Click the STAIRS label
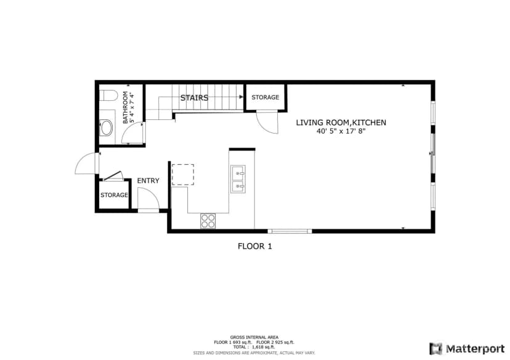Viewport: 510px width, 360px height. pos(194,97)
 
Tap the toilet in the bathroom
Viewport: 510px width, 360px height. pos(108,95)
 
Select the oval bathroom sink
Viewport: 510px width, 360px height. pos(106,128)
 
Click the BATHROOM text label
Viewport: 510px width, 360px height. pos(125,108)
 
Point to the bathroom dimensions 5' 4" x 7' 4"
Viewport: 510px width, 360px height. pos(132,108)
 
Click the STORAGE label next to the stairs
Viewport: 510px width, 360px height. pos(265,97)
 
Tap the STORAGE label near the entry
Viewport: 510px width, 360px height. pos(114,195)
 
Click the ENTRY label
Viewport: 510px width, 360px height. pos(148,181)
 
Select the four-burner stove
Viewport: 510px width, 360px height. pos(208,220)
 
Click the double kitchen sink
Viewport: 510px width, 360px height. pos(238,179)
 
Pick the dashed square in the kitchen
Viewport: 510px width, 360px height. pos(183,175)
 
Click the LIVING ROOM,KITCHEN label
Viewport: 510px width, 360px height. pos(341,122)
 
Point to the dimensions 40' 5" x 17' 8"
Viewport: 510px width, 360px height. pos(341,131)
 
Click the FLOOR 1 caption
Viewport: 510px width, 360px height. pos(254,246)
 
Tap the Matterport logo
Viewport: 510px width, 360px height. pos(467,349)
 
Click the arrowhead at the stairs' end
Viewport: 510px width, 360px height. pos(241,97)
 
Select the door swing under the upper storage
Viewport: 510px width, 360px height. pos(267,122)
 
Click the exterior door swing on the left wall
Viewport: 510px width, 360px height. pos(86,163)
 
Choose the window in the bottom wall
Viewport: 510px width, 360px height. pos(290,231)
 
